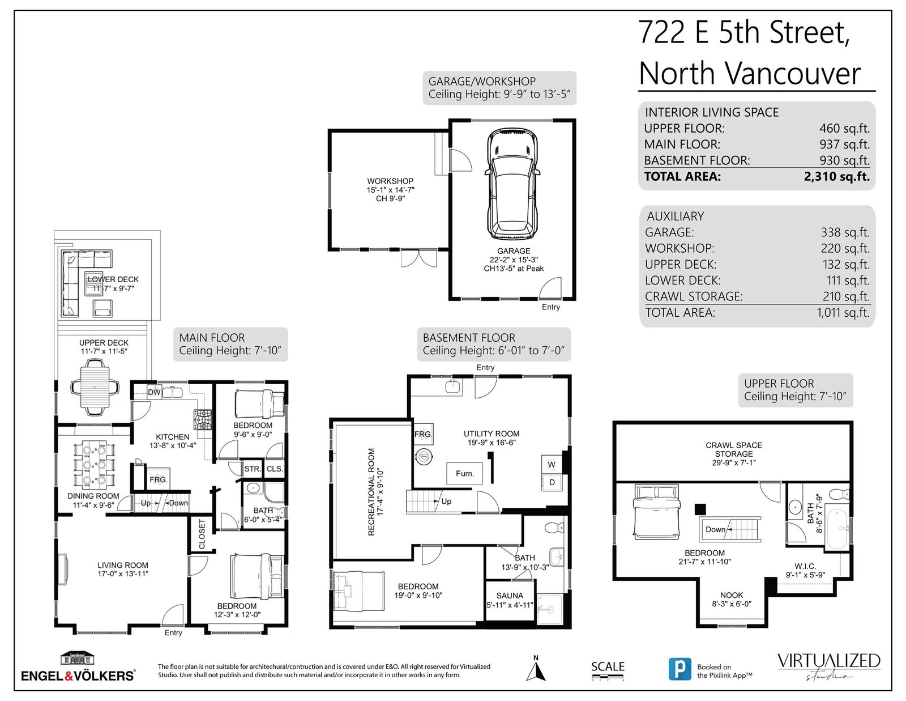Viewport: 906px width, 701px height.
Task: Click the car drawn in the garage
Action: coord(512,184)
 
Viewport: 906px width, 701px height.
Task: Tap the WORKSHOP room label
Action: coord(390,181)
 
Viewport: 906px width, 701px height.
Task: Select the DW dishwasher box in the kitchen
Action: coord(154,392)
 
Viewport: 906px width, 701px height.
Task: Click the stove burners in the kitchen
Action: coord(203,419)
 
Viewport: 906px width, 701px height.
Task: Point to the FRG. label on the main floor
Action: coord(159,480)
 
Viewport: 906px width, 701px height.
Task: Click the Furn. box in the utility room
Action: coord(464,473)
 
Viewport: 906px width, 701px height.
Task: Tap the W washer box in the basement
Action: coord(552,465)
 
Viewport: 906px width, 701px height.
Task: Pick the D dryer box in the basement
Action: coord(552,482)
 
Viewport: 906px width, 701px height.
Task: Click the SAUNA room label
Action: coord(510,596)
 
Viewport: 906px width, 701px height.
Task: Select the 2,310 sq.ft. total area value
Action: coord(837,176)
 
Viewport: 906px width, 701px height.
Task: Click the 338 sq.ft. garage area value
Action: coord(845,232)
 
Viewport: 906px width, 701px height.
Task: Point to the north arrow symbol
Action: coord(536,669)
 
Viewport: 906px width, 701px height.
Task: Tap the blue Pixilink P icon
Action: coord(679,669)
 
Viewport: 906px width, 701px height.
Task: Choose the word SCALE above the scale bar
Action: coord(608,667)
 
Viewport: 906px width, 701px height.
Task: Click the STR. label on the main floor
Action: coord(252,469)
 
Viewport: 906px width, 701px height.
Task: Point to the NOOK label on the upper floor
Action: coord(732,595)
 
